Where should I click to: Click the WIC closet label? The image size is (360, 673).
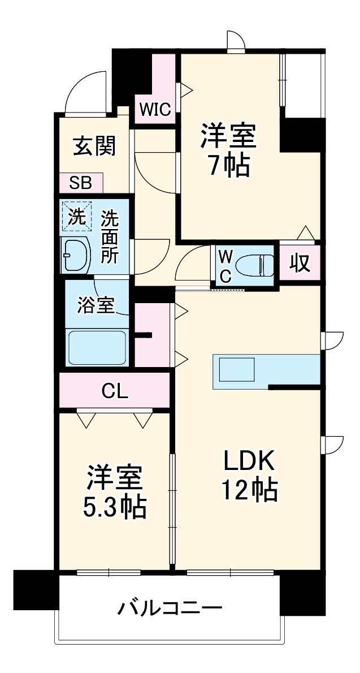pyautogui.click(x=155, y=110)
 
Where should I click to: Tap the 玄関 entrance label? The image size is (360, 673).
pyautogui.click(x=94, y=146)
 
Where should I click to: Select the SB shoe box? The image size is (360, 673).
pyautogui.click(x=81, y=183)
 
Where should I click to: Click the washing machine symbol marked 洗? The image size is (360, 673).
pyautogui.click(x=76, y=216)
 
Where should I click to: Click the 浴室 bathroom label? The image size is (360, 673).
pyautogui.click(x=96, y=305)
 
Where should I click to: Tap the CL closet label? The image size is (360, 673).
pyautogui.click(x=115, y=390)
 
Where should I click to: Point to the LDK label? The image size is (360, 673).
pyautogui.click(x=248, y=461)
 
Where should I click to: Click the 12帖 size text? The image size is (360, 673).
pyautogui.click(x=248, y=490)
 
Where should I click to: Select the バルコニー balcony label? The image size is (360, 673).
pyautogui.click(x=170, y=609)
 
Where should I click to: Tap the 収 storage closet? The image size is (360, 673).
pyautogui.click(x=299, y=262)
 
